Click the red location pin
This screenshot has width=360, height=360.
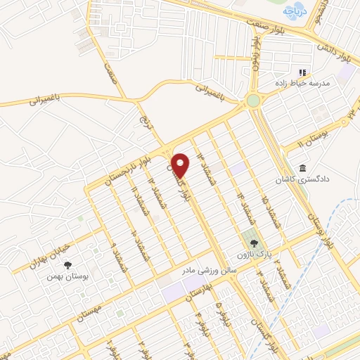coord(181,165)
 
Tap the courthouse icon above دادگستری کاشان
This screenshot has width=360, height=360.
coord(302,169)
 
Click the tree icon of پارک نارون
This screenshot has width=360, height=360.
coord(245,243)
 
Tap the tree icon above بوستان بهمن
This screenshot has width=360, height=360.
coord(67,265)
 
